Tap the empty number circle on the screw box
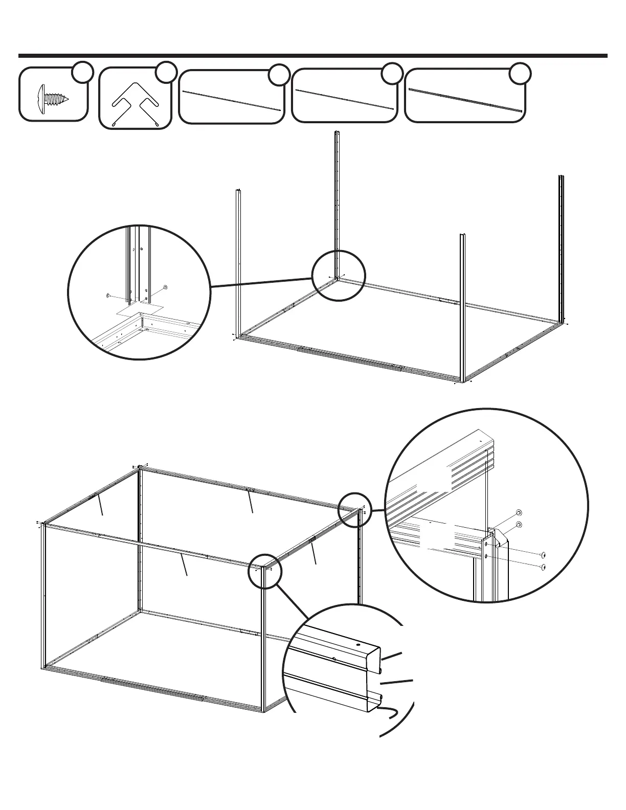pos(82,72)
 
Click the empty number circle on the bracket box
pos(166,72)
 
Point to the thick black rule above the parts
pos(312,56)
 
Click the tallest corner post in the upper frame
pos(337,205)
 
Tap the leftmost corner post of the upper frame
pos(238,261)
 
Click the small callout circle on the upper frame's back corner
pos(339,276)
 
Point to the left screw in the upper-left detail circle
pos(108,296)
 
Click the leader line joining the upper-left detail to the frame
pos(261,282)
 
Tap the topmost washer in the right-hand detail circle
pos(519,513)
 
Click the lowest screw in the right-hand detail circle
pos(543,567)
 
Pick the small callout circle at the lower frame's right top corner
pos(355,509)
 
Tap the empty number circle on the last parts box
pos(520,73)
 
